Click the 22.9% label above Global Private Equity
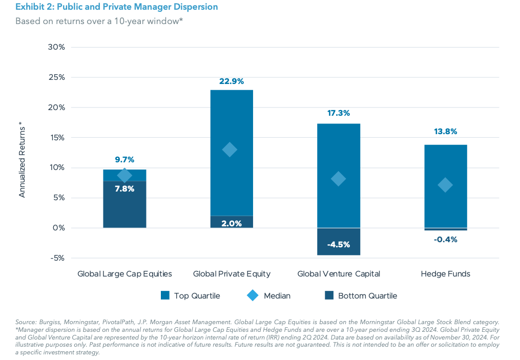tap(231, 81)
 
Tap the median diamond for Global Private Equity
tap(230, 150)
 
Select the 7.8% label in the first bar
tap(124, 188)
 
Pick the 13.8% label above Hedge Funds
tap(445, 132)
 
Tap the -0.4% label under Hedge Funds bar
tap(445, 239)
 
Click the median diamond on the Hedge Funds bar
tap(445, 185)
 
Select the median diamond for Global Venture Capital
tap(338, 179)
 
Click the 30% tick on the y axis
tap(56, 47)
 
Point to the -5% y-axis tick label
tap(57, 258)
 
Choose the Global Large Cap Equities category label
tap(124, 274)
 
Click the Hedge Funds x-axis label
tap(445, 274)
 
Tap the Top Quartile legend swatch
tap(165, 295)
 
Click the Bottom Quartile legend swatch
tap(328, 295)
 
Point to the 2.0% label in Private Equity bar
tap(232, 223)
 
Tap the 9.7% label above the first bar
tap(124, 160)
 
